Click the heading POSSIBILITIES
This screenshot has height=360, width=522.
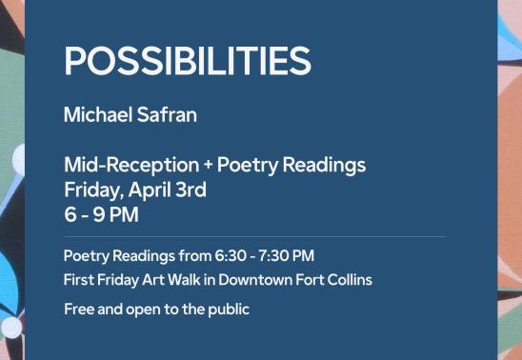pyautogui.click(x=187, y=62)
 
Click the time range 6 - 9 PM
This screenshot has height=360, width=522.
pyautogui.click(x=101, y=214)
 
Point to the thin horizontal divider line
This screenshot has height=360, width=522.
pyautogui.click(x=254, y=236)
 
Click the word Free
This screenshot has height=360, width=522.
pyautogui.click(x=78, y=309)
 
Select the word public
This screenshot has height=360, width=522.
pyautogui.click(x=226, y=309)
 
